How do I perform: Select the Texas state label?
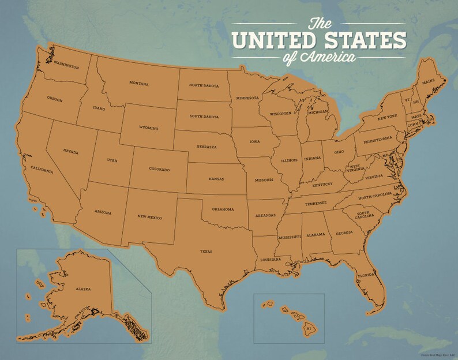tap(206, 252)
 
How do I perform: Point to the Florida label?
tap(366, 275)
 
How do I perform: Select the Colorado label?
tap(159, 170)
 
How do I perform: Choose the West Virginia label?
tap(354, 167)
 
